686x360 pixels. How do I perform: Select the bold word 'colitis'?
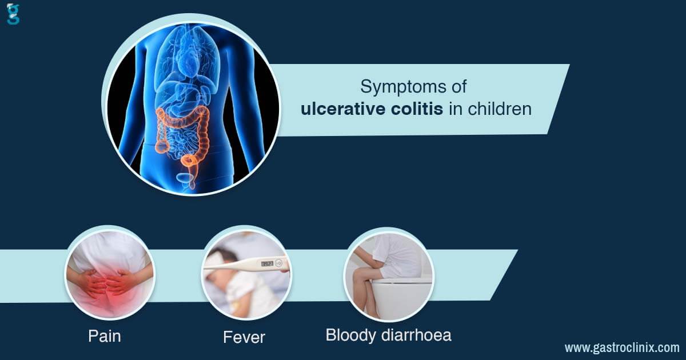coord(417,109)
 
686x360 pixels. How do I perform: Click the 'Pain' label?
coord(105,336)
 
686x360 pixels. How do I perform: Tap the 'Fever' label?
coord(244,337)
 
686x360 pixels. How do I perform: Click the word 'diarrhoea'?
coord(416,335)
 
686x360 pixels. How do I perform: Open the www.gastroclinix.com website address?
coord(622,347)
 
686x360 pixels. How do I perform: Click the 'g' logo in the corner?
coord(13,14)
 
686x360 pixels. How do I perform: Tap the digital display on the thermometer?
coord(267,263)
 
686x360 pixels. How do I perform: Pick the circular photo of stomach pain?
coord(110,273)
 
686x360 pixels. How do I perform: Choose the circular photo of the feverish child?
coord(246,273)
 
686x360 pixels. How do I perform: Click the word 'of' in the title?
coord(458,86)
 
